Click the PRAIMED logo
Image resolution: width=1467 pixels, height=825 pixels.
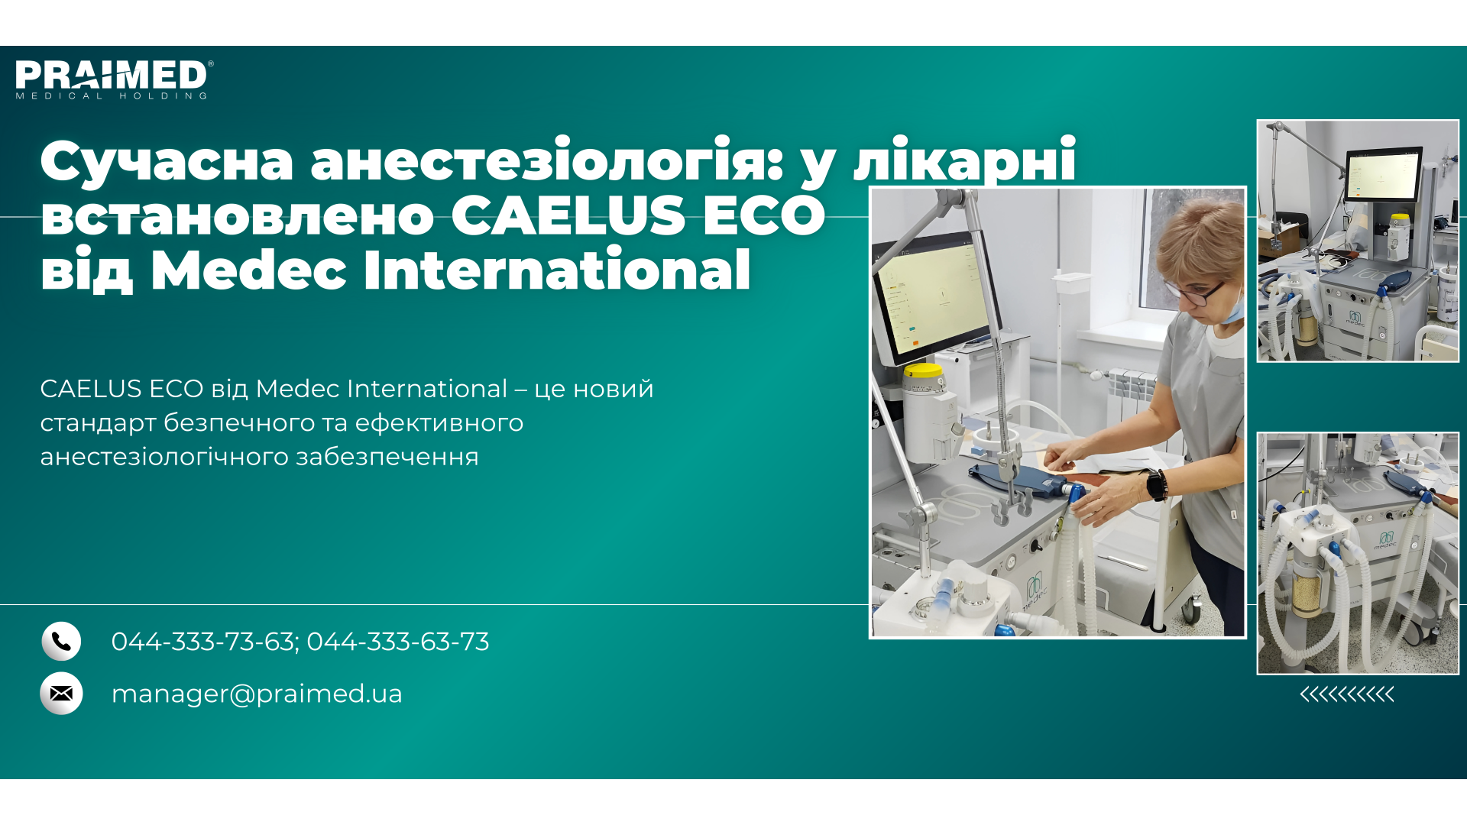coord(114,79)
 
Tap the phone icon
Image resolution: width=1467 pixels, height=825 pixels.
coord(61,641)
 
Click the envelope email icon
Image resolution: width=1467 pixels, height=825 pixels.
coord(61,693)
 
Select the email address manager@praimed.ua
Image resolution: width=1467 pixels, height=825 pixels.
coord(257,694)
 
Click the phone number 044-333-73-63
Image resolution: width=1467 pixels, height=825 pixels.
coord(203,642)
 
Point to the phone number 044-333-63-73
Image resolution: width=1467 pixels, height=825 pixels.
coord(398,642)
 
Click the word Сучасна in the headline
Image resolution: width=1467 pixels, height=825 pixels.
coord(167,161)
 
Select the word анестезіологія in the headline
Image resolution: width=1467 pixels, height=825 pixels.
coord(546,160)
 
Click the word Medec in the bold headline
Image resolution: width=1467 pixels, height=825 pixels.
coord(248,270)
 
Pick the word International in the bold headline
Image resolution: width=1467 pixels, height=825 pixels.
coord(557,270)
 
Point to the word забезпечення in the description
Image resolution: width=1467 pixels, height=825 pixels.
coord(387,457)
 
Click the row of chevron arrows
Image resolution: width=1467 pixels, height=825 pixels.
coord(1347,694)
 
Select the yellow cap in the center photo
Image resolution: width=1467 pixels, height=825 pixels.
coord(925,372)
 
